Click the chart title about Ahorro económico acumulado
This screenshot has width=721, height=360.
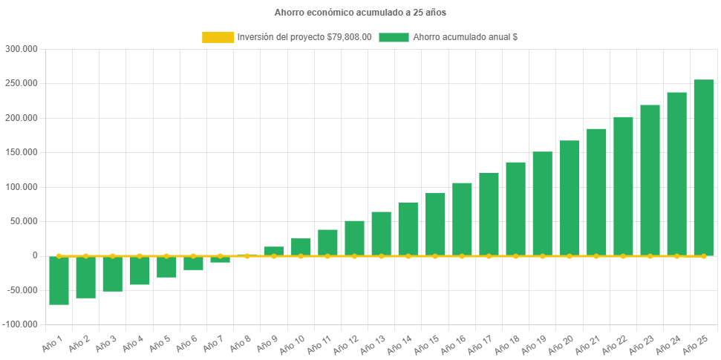click(x=360, y=13)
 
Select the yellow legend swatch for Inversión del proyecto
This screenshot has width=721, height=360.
click(x=217, y=37)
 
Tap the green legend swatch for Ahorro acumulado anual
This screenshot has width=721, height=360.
click(x=394, y=37)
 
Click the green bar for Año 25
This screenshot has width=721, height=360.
click(x=703, y=167)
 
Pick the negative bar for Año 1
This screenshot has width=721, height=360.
click(x=59, y=281)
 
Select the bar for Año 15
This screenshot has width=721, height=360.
click(x=435, y=224)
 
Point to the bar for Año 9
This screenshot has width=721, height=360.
click(x=274, y=251)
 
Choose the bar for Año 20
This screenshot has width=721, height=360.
click(x=570, y=197)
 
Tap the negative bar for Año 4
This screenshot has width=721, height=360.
click(x=140, y=270)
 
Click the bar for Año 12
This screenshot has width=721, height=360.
click(x=354, y=238)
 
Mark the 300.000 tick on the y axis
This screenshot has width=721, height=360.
click(x=22, y=49)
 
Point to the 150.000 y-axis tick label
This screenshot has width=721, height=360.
click(x=22, y=152)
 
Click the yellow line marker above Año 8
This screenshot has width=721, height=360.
click(x=247, y=255)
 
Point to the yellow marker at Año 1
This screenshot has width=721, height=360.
click(x=59, y=255)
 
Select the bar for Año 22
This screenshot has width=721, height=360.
click(x=623, y=186)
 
